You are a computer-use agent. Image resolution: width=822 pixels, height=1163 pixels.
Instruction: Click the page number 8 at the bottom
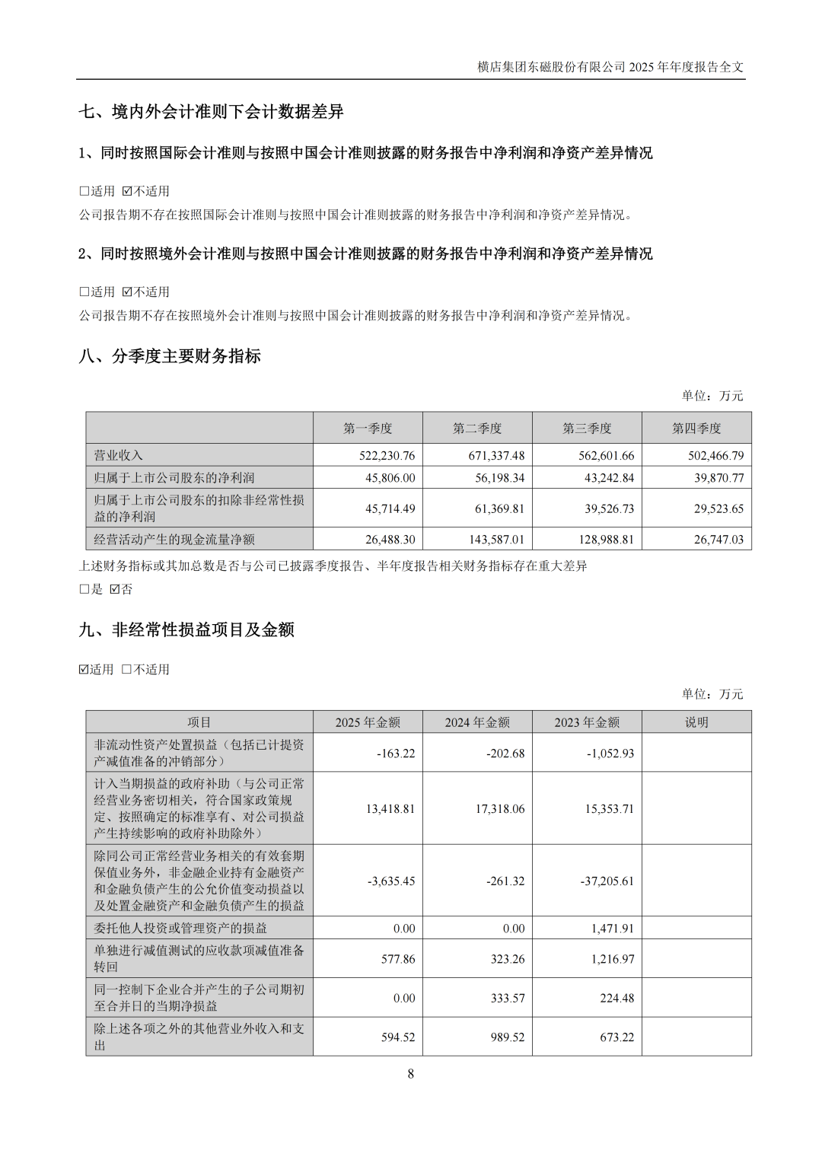(411, 1074)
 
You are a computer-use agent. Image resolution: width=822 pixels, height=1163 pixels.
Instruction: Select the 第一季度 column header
(368, 429)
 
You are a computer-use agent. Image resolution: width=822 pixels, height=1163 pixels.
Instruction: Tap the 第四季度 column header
(696, 429)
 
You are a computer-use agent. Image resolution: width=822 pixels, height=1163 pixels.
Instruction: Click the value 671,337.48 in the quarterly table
(496, 456)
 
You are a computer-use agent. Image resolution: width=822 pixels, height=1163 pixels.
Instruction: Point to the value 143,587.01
(496, 540)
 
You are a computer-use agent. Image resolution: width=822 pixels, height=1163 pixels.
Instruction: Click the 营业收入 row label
(118, 456)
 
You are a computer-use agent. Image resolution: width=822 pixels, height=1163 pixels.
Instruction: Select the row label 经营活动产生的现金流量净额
(174, 540)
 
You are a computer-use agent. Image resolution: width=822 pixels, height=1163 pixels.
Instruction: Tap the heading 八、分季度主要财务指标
(170, 356)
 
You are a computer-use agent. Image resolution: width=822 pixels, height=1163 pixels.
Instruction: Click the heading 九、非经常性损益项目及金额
(186, 629)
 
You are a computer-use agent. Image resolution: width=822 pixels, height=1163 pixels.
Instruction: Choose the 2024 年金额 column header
(477, 722)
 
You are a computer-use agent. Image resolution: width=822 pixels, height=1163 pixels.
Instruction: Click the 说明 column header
(696, 722)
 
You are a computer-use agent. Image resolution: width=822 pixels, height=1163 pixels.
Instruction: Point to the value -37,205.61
(607, 881)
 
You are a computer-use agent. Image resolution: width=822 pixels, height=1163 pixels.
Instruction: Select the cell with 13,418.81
(390, 809)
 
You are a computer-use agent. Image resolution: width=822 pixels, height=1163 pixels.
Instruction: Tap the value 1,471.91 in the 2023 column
(612, 929)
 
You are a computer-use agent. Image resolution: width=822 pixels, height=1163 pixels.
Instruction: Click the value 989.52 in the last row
(508, 1037)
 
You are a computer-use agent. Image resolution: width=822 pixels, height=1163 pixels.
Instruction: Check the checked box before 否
(115, 589)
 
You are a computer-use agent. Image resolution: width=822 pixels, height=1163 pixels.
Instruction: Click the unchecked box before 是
(84, 589)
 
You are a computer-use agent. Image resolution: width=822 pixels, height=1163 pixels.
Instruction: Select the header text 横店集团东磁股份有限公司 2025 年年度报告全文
(610, 67)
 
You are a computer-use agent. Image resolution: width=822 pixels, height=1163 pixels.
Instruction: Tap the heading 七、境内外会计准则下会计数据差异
(211, 112)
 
